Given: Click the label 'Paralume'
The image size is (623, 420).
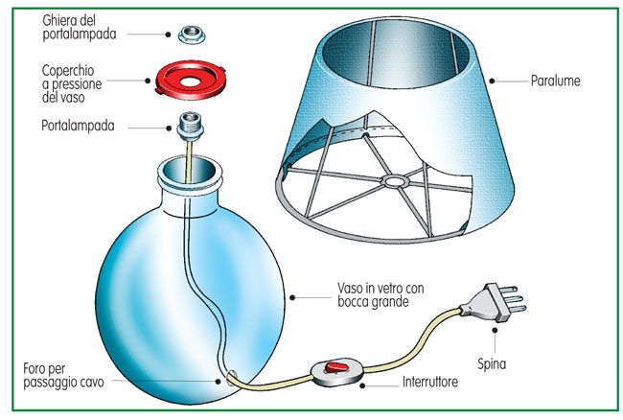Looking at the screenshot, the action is (x=556, y=81).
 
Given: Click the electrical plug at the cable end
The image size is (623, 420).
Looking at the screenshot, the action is (x=493, y=302).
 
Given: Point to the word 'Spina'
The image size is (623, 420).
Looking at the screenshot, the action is (x=492, y=363).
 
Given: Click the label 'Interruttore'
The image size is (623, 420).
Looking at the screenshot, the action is (x=430, y=382).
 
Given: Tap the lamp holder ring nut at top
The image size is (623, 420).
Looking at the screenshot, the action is (x=192, y=35).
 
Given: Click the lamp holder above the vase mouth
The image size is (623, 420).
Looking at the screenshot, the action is (x=191, y=127).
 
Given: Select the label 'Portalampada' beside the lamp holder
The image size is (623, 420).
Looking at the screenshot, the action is (x=78, y=126).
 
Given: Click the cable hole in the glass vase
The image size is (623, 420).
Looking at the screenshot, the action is (x=232, y=378).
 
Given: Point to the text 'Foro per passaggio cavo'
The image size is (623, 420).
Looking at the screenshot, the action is (x=63, y=376).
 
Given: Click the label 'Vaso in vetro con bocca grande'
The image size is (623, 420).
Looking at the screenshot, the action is (x=381, y=294).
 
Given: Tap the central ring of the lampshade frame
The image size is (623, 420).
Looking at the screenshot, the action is (x=395, y=181).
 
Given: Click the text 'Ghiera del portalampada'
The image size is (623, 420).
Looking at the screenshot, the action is (x=80, y=28).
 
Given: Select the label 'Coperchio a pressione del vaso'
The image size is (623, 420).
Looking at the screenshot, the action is (x=72, y=83).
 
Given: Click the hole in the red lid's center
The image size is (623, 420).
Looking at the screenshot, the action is (x=191, y=82).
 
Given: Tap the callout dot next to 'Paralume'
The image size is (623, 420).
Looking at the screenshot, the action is (x=492, y=82).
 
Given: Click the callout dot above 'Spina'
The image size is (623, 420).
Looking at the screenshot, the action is (x=495, y=330).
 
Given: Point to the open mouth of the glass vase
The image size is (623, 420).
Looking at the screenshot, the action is (x=190, y=171).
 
